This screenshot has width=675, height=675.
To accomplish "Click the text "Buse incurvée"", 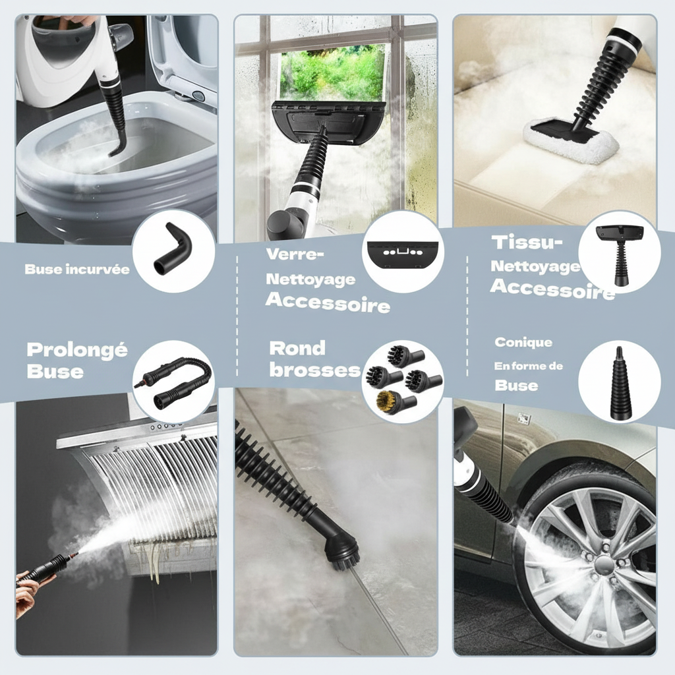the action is [77, 270].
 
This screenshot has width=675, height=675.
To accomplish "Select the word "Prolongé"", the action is [77, 350].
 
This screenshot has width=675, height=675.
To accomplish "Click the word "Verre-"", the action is [295, 254].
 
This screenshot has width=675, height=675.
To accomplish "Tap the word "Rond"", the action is [297, 348].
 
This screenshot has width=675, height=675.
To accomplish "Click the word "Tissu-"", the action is [527, 243].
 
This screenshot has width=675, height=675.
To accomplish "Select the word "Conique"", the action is [523, 343].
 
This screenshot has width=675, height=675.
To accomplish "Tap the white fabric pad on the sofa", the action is [570, 138].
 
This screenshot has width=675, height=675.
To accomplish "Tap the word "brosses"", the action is [315, 370].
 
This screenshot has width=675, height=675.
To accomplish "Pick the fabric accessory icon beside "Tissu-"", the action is [620, 255].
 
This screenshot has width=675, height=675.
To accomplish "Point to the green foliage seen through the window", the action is [332, 74].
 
